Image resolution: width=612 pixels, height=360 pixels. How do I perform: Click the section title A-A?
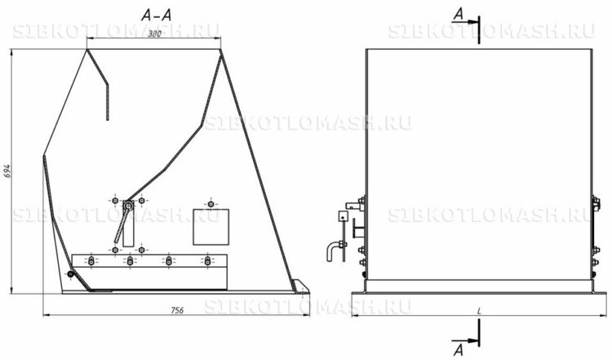point(157,16)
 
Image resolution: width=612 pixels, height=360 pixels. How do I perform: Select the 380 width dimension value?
point(154,34)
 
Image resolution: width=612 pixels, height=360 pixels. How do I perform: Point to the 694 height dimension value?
point(7,171)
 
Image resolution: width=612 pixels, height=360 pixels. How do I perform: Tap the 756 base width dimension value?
point(177,310)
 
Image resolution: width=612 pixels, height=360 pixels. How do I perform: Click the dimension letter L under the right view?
point(479,311)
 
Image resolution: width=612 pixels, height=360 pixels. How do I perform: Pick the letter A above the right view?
point(459,15)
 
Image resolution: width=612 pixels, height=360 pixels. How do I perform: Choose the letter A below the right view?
point(459,349)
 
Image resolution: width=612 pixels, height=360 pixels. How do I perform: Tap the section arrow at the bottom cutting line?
point(466,340)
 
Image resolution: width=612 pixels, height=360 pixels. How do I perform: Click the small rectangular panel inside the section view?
point(211,227)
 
